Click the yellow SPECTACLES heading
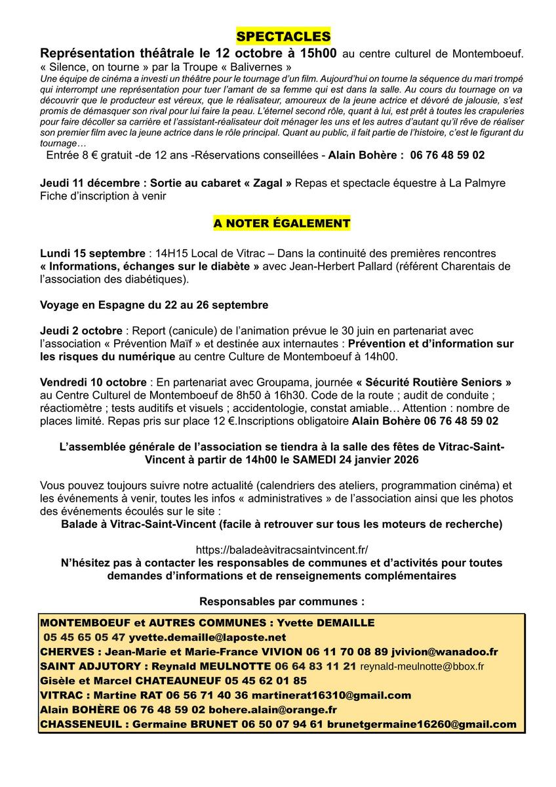coord(283,35)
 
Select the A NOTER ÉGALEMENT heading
coord(282,224)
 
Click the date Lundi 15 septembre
coord(92,253)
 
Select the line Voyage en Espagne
coord(154,305)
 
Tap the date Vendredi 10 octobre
coord(93,382)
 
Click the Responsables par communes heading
coord(282,601)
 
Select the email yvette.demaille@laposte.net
coord(207,637)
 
